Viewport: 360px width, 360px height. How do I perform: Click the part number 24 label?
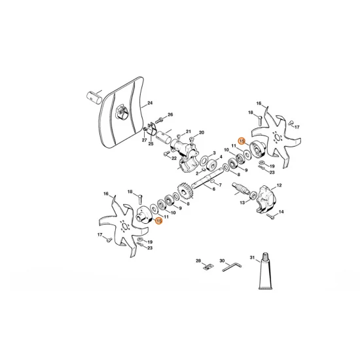pos(150,103)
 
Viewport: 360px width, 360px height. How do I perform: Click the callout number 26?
pos(170,115)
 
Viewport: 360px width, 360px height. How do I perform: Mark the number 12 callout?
pos(279,186)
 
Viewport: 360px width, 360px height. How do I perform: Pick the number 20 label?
pos(201,132)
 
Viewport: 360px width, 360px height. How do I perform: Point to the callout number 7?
pos(219,185)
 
